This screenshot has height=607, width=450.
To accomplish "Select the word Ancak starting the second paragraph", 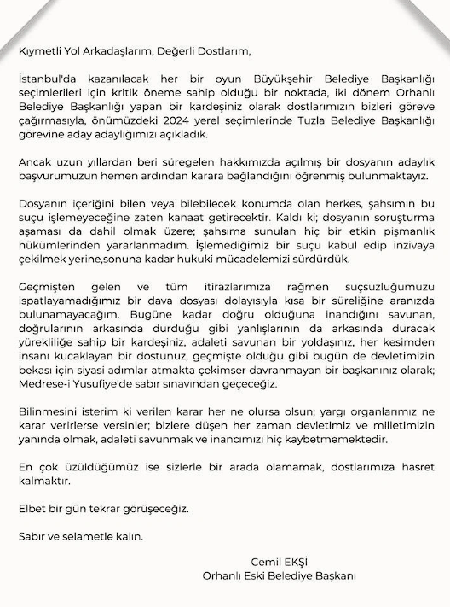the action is [36, 162].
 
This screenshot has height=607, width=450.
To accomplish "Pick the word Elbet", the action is [32, 509].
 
